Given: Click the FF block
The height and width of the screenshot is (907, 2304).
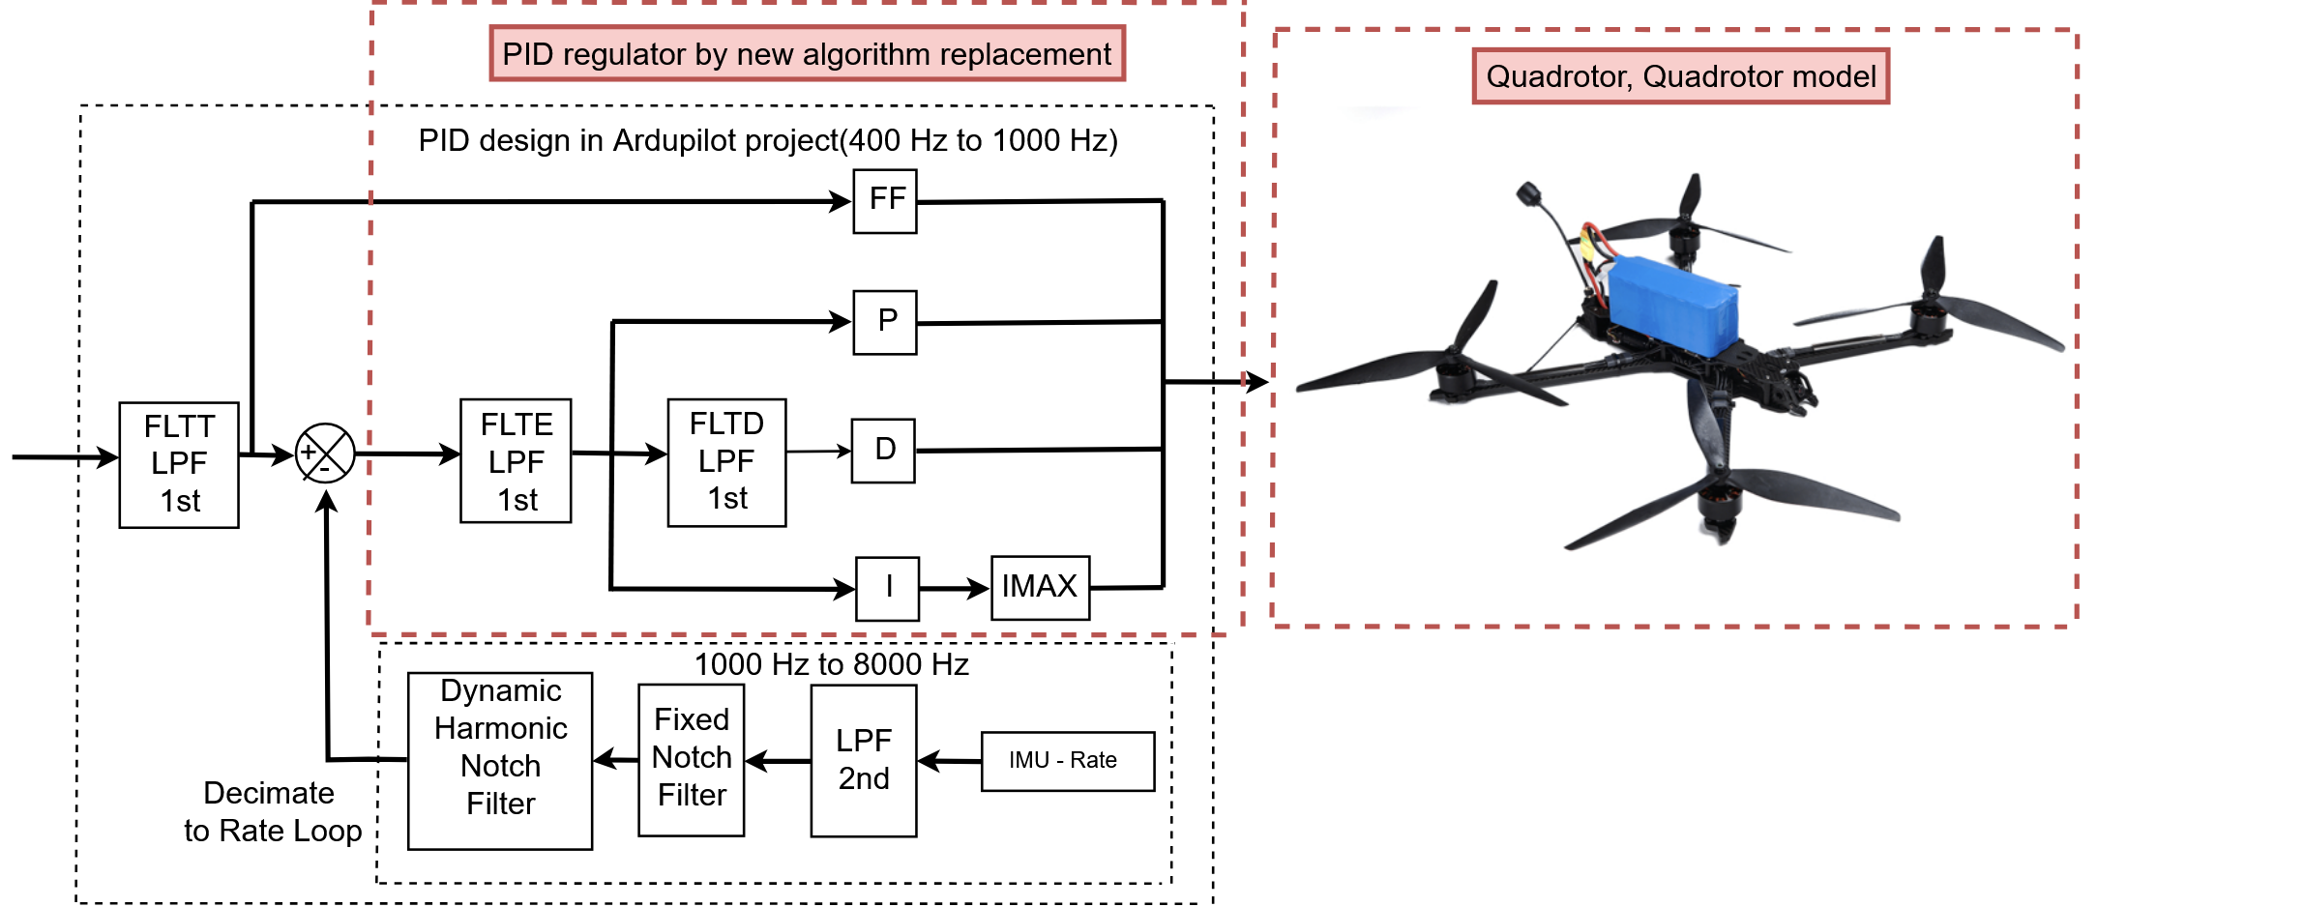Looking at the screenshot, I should click(x=885, y=201).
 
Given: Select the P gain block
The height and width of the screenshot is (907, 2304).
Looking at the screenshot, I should click(x=885, y=322).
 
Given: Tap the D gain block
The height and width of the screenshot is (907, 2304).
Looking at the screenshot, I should click(x=883, y=451).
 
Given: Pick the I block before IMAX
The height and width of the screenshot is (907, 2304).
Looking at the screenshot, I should click(x=888, y=588).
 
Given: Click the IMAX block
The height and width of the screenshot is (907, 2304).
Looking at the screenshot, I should click(x=1040, y=588).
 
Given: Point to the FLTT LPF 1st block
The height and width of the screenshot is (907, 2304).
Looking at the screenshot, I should click(x=179, y=464).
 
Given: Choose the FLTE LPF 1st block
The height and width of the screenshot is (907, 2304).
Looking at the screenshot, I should click(x=516, y=461).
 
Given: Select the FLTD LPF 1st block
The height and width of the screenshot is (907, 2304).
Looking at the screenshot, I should click(x=726, y=462).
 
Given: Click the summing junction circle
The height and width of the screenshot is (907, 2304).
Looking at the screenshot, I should click(x=325, y=453).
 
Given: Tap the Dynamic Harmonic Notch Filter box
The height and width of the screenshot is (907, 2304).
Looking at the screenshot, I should click(x=500, y=761).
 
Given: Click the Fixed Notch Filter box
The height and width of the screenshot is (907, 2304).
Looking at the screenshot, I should click(x=692, y=760).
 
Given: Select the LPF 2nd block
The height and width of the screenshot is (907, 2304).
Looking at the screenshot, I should click(x=864, y=761).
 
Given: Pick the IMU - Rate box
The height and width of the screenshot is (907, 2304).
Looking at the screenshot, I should click(x=1067, y=761).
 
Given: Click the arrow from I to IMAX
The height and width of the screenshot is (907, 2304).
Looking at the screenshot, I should click(x=954, y=588).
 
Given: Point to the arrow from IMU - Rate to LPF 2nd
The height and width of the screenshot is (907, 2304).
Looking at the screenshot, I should click(x=949, y=761).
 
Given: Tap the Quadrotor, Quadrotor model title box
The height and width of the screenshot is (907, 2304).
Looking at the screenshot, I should click(x=1680, y=76).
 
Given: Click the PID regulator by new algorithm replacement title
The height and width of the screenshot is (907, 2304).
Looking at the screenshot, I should click(x=807, y=54).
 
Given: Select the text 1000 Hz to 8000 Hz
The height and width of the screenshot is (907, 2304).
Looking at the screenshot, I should click(x=831, y=664).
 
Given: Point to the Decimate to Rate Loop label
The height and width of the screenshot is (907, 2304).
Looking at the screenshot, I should click(x=272, y=812).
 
